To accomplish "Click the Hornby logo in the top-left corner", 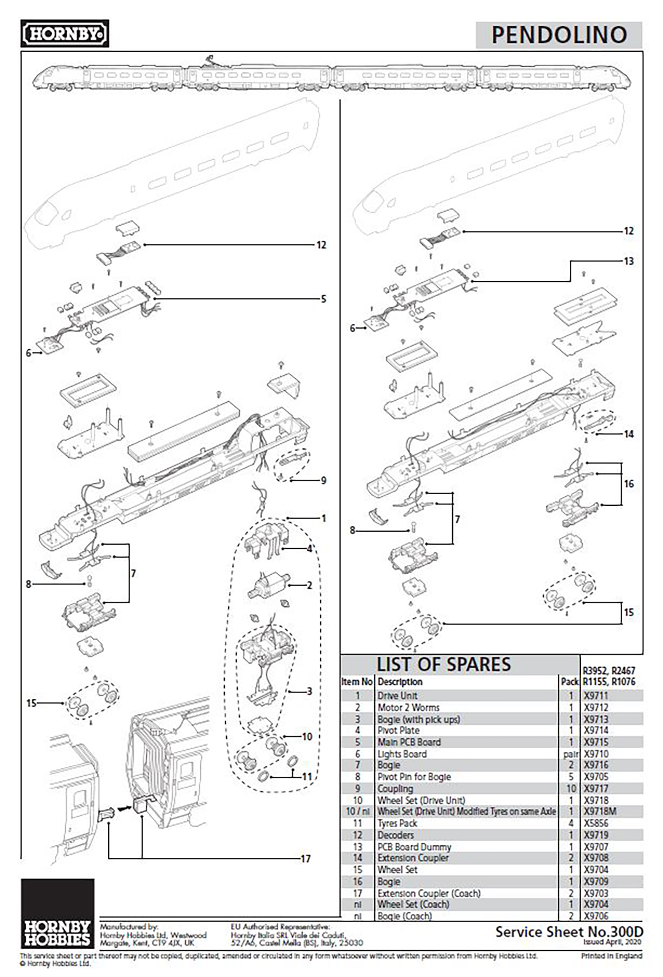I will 65,34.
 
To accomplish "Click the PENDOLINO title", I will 559,35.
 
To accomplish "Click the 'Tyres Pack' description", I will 397,823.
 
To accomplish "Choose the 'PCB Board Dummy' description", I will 414,846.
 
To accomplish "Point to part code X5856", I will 596,823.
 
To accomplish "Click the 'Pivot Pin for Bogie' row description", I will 414,776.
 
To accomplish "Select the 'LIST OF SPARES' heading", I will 443,665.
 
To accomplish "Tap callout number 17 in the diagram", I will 305,859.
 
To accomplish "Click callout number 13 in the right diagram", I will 629,261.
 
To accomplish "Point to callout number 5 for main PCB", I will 323,299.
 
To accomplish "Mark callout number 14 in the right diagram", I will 629,434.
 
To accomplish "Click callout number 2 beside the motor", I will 309,585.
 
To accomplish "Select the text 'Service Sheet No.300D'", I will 569,932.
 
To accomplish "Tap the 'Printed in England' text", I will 611,956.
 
